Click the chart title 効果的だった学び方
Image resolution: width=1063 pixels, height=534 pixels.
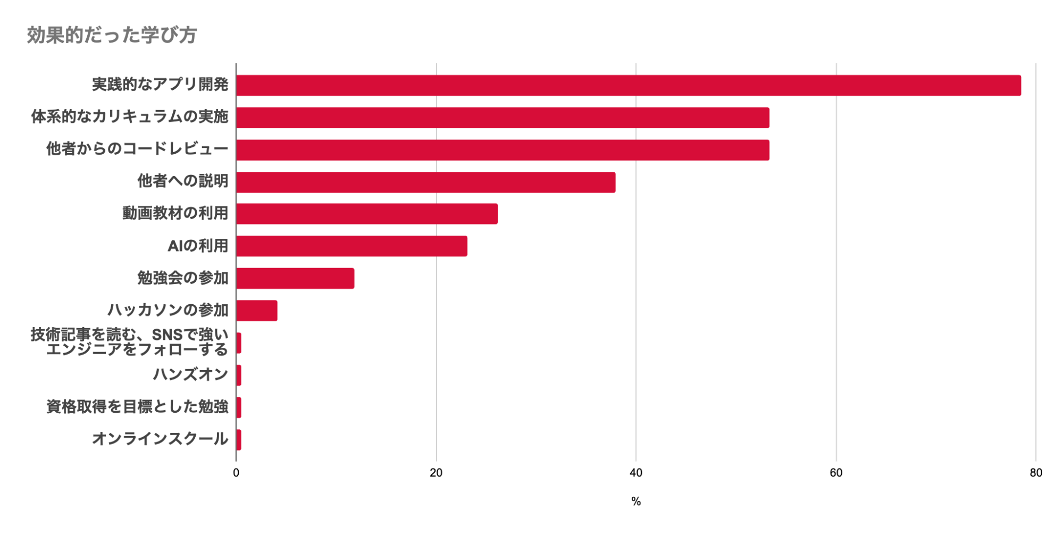[x=112, y=35]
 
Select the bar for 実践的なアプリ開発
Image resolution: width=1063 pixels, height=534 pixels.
[x=628, y=86]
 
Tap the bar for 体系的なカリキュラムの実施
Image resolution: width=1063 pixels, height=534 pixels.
[x=503, y=118]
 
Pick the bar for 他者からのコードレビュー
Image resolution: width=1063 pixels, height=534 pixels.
[x=503, y=150]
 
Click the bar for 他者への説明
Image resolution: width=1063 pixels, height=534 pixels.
[x=425, y=182]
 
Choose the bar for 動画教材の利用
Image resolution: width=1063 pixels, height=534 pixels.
[x=367, y=214]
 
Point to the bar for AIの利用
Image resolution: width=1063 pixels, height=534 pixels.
[x=351, y=246]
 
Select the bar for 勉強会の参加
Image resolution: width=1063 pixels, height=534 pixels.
[x=295, y=279]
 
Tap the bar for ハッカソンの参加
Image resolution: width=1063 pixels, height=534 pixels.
[x=257, y=311]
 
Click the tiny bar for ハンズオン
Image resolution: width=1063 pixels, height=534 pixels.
[x=239, y=376]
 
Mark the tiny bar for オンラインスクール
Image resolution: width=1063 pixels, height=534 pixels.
[x=239, y=440]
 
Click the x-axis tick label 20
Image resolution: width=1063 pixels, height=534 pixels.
[x=436, y=473]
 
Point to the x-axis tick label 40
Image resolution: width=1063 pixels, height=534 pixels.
[x=636, y=473]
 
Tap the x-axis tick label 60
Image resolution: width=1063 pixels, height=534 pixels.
[x=836, y=473]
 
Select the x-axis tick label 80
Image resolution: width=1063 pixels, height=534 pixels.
[x=1036, y=473]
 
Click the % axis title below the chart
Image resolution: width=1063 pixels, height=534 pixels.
[x=636, y=502]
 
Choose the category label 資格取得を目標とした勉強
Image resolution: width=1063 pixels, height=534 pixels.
[x=137, y=407]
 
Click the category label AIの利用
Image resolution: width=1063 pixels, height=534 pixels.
[x=198, y=246]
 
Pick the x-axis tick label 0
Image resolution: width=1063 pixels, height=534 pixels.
[x=236, y=473]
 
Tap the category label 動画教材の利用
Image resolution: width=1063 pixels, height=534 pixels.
[x=175, y=213]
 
